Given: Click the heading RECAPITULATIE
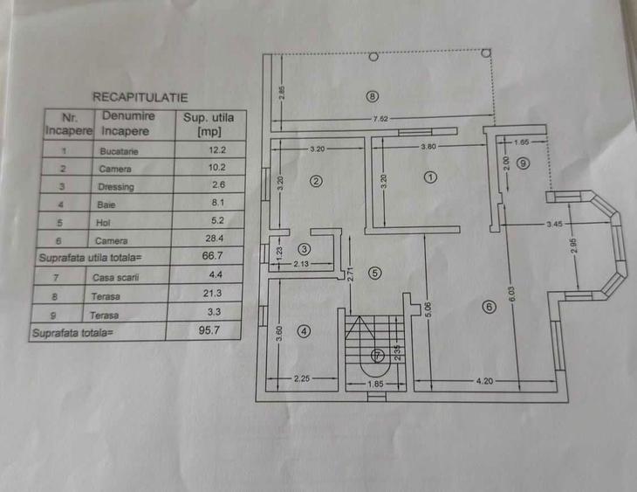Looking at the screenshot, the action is coord(140,97).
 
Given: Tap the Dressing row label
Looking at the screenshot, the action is coord(116,187).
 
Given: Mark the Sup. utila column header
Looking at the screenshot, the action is coord(209,124).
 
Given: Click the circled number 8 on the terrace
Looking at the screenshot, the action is coord(373,96).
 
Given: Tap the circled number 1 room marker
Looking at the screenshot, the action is coord(429,177).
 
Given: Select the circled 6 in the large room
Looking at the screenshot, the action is coord(488,306).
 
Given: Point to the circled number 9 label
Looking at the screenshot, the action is coord(523,163).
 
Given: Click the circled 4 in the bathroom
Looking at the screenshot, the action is coord(304,331).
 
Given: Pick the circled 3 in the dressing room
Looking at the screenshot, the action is coord(304,248).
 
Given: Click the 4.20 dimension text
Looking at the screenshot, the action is coord(485,380).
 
